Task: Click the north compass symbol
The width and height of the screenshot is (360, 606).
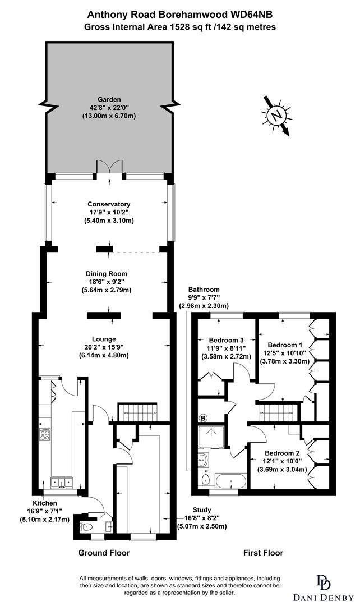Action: coord(275,116)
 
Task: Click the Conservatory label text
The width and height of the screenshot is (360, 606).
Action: coord(109,204)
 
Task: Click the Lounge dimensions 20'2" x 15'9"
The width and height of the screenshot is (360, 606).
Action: coord(104,347)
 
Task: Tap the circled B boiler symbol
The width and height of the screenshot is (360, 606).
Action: coord(203,418)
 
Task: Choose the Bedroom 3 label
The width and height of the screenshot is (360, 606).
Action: coord(226,340)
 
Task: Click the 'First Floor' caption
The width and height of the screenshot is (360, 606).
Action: coord(263,553)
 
